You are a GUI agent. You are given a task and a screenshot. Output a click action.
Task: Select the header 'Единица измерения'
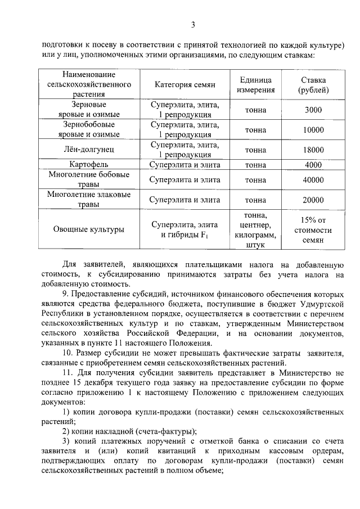[x=255, y=84]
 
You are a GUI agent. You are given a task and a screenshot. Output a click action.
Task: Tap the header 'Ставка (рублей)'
[x=313, y=84]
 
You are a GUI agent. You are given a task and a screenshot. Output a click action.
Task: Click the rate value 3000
[x=313, y=110]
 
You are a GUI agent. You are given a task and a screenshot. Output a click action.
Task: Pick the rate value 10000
[x=313, y=129]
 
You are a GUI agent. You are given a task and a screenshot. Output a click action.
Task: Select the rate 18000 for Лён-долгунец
[x=313, y=150]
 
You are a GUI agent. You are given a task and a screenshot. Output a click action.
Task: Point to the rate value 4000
[x=313, y=165]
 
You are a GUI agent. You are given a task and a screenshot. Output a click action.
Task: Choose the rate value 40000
[x=313, y=180]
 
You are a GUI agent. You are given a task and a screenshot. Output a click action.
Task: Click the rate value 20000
[x=313, y=200]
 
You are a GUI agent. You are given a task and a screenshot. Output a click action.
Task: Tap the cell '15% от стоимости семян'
[x=313, y=229]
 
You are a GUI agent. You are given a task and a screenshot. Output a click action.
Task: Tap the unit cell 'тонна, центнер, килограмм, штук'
[x=255, y=229]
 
